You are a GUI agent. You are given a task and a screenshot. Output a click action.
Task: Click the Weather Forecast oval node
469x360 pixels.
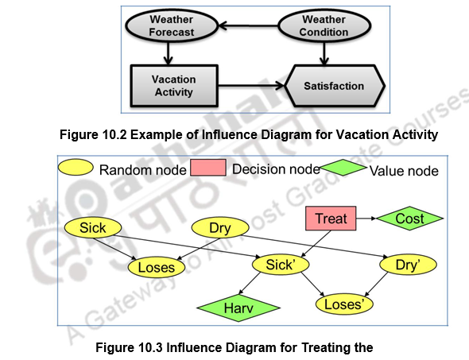click(x=170, y=26)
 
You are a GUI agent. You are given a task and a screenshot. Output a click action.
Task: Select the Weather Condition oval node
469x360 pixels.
click(x=324, y=26)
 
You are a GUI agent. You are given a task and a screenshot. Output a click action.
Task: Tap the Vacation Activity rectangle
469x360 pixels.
click(x=172, y=86)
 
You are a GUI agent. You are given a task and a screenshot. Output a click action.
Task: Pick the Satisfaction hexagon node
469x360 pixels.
click(x=335, y=86)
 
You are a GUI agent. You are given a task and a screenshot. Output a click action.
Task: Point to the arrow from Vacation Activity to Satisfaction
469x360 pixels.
click(x=249, y=86)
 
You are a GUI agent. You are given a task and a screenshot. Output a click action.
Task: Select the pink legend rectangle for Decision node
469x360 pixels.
click(x=207, y=168)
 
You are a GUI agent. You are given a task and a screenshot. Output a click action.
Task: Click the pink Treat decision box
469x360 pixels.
click(x=331, y=218)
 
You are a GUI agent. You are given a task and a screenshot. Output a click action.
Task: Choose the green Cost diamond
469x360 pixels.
click(x=409, y=218)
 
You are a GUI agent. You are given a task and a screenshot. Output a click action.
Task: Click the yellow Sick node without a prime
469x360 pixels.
click(x=92, y=228)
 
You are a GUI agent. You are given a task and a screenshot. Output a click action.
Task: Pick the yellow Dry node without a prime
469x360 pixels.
click(x=219, y=228)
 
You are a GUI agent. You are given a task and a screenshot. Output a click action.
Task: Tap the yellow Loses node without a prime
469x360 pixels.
click(x=156, y=268)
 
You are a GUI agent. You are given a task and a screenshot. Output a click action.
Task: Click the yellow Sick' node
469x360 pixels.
click(x=280, y=265)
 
